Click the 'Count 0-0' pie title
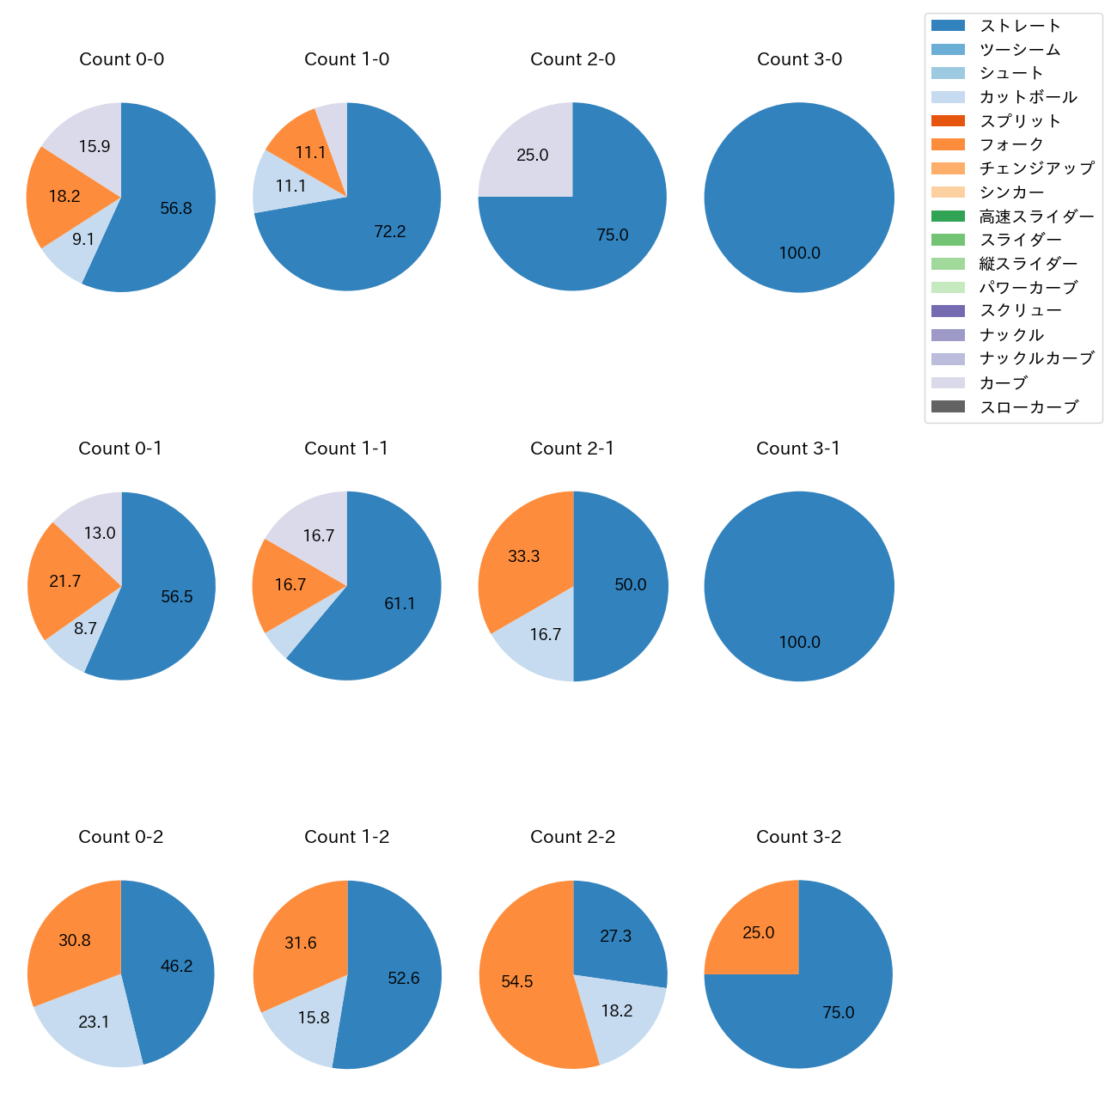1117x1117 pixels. (121, 59)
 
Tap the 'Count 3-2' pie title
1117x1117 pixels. (798, 837)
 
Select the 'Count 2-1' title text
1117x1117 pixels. (572, 449)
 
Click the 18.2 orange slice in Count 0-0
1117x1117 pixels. (64, 197)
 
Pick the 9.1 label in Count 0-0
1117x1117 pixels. (83, 240)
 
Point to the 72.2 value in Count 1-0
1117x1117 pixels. (390, 231)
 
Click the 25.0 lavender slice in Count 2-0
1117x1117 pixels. (533, 156)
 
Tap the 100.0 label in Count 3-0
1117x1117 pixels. (799, 253)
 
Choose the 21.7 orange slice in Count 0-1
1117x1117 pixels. (65, 582)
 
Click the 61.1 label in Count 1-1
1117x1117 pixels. (400, 604)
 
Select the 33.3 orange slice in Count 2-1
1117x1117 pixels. (524, 557)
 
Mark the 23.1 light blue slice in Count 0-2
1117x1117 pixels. (94, 1022)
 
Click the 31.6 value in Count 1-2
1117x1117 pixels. (301, 943)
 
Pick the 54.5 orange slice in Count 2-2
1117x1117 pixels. (517, 981)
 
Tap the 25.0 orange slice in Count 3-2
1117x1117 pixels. (759, 933)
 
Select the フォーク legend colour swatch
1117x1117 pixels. (947, 144)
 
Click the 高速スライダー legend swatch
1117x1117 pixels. (947, 216)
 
